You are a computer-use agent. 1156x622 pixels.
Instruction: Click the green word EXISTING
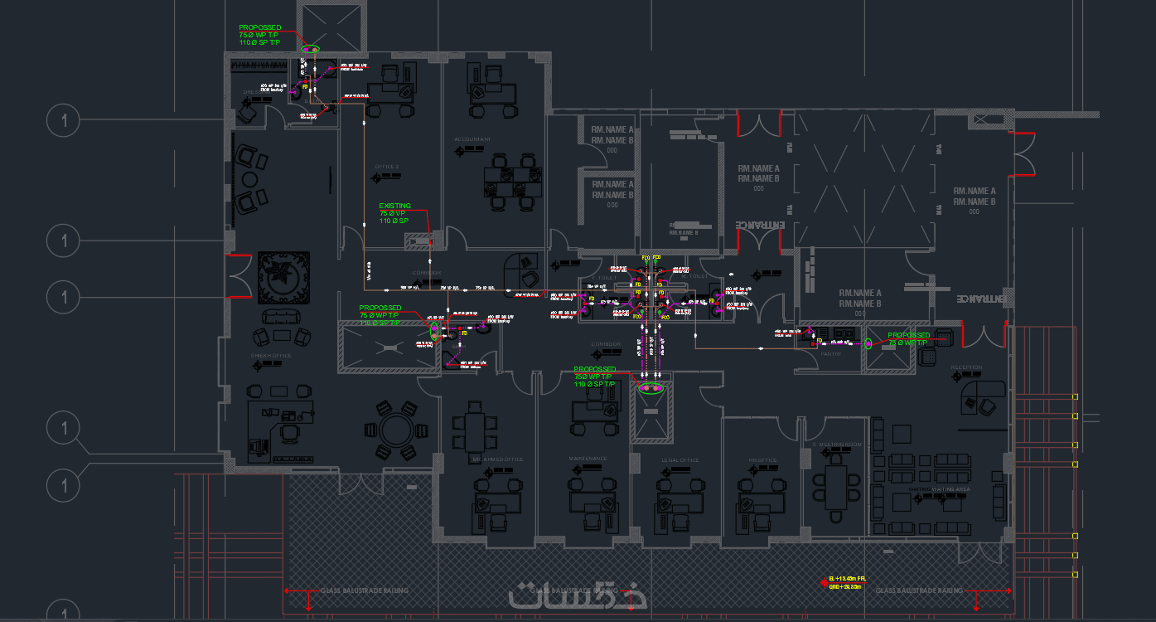[394, 206]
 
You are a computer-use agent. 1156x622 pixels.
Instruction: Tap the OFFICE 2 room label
[387, 167]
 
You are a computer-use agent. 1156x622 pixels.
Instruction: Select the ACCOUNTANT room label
[472, 138]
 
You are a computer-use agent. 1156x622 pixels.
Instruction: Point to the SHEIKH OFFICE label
[271, 356]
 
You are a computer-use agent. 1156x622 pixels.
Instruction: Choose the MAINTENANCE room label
[588, 459]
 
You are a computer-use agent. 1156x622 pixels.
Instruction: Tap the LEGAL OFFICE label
[680, 460]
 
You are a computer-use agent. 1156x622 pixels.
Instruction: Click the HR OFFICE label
[762, 460]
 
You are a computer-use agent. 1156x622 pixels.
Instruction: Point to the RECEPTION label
[966, 367]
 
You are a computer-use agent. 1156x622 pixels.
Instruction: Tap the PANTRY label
[831, 354]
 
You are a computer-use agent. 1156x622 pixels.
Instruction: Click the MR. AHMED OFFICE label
[497, 459]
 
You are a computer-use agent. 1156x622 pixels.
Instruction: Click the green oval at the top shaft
[310, 50]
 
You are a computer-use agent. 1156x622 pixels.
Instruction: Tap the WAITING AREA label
[950, 489]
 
